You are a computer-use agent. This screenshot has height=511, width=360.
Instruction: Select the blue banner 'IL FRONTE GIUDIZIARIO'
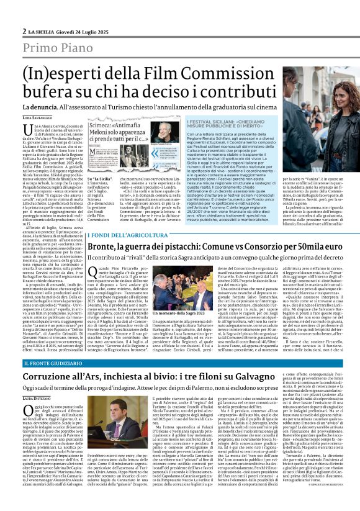(52, 362)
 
